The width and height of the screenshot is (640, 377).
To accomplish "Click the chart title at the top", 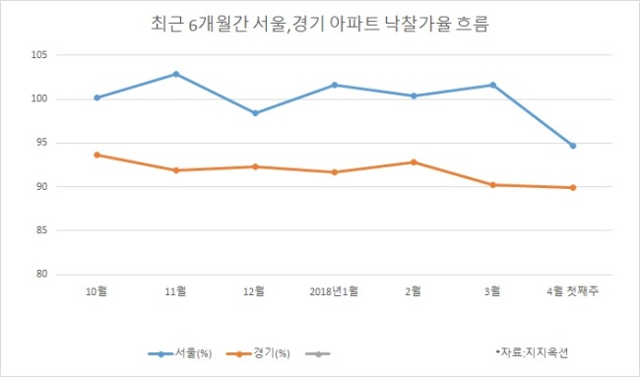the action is point(320,24).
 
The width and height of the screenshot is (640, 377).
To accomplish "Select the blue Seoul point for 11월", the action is point(176,74).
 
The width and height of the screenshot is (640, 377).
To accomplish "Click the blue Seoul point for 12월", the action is point(255,113).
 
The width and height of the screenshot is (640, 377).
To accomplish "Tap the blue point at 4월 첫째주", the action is point(573,146).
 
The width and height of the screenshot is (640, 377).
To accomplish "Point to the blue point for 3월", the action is point(492,85).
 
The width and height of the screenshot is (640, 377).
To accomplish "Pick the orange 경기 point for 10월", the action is point(96,156).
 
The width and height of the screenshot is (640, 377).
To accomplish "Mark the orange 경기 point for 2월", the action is point(414,162).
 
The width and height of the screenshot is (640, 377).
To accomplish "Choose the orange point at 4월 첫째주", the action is point(573,188).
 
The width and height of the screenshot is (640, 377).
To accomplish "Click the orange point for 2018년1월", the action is point(335,172).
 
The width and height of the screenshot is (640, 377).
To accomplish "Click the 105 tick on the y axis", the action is point(39,55).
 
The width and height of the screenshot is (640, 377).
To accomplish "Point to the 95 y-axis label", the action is point(41,143).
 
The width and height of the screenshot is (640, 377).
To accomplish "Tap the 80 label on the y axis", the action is point(41,274).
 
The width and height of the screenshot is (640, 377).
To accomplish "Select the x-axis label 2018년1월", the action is point(334,291).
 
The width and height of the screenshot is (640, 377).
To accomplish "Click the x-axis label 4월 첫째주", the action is point(573,291).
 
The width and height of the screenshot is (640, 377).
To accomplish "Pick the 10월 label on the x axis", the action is point(96,291).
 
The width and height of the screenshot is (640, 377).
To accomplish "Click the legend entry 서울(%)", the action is point(180,353).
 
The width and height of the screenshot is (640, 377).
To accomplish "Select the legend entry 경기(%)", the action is point(258,353).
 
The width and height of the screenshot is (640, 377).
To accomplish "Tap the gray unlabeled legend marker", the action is point(318,353).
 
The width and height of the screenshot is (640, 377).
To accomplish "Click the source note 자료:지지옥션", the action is point(532,352).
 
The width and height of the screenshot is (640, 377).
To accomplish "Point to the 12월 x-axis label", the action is point(254,291).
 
